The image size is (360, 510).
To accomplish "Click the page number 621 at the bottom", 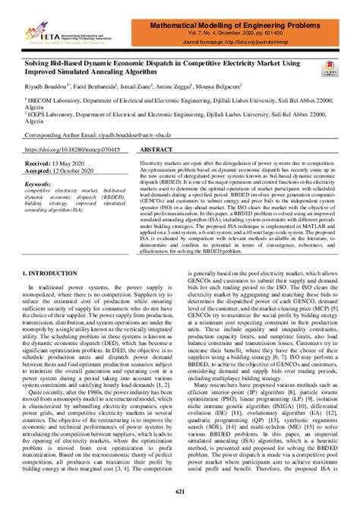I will click(180, 494).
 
